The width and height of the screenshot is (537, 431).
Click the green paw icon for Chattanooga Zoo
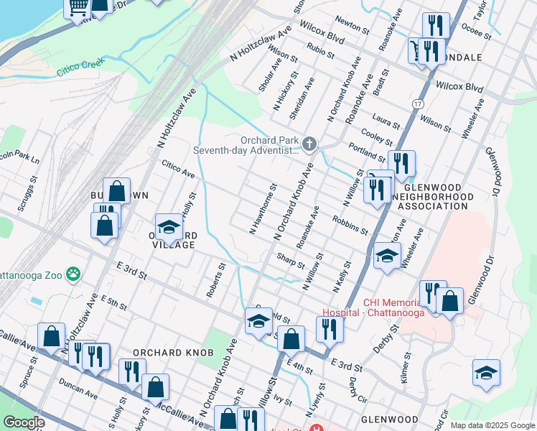pyautogui.click(x=73, y=273)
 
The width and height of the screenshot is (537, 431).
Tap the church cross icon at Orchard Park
pyautogui.click(x=309, y=145)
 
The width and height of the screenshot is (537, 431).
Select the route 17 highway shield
pyautogui.click(x=417, y=104)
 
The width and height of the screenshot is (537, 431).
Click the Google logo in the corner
pyautogui.click(x=24, y=423)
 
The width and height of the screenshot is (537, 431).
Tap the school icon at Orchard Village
pyautogui.click(x=169, y=226)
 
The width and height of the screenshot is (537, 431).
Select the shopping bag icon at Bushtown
pyautogui.click(x=116, y=191)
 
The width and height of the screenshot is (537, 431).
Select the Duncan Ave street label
pyautogui.click(x=78, y=389)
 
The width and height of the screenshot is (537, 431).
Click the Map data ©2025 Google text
pyautogui.click(x=492, y=425)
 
